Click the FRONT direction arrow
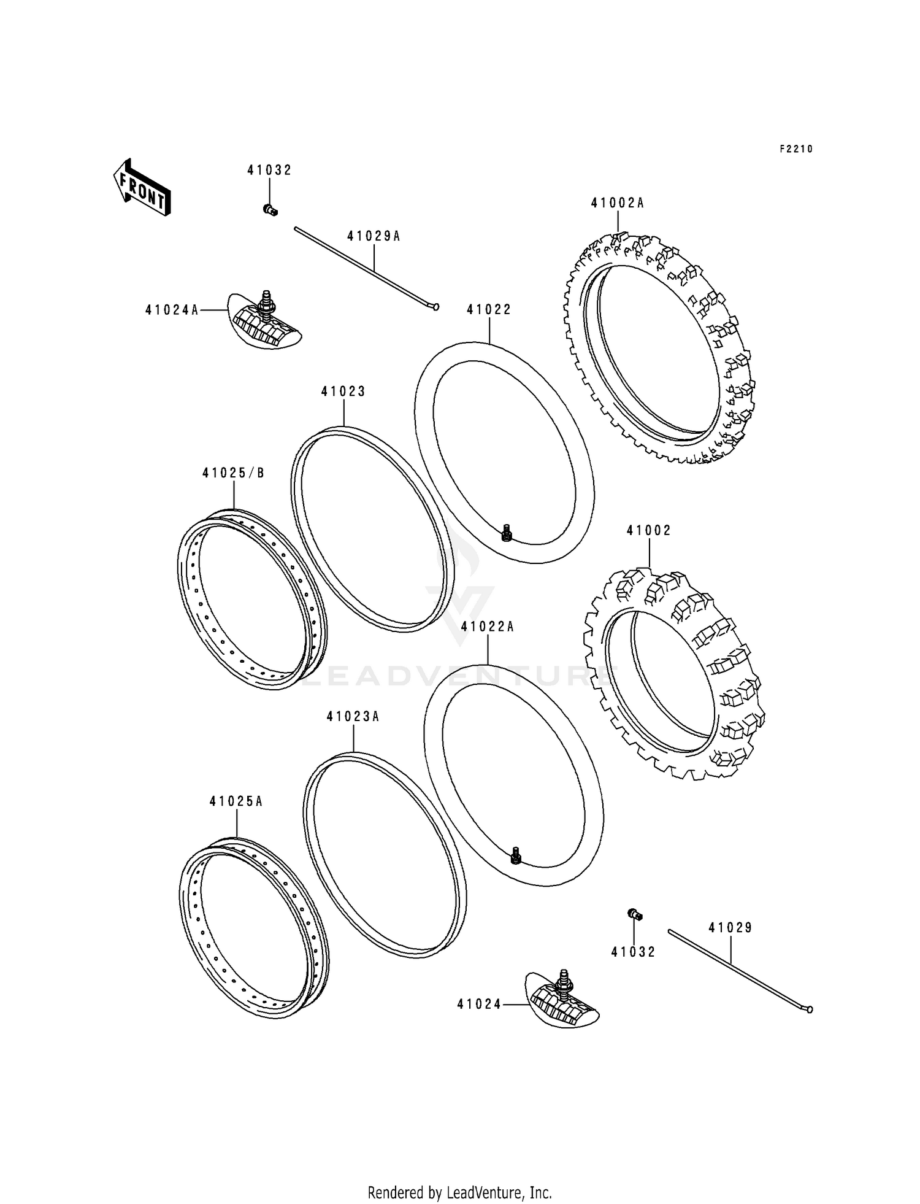click(141, 187)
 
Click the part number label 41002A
click(617, 203)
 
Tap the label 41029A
click(373, 236)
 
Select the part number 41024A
click(172, 311)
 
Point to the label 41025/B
click(233, 473)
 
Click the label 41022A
click(487, 627)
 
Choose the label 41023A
click(353, 716)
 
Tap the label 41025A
click(236, 801)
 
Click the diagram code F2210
click(795, 149)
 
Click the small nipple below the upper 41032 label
click(270, 210)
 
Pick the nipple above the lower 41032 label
click(635, 915)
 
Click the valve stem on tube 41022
click(507, 533)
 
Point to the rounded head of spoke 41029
click(810, 1009)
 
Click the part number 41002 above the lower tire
click(648, 530)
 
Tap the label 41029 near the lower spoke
click(730, 928)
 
